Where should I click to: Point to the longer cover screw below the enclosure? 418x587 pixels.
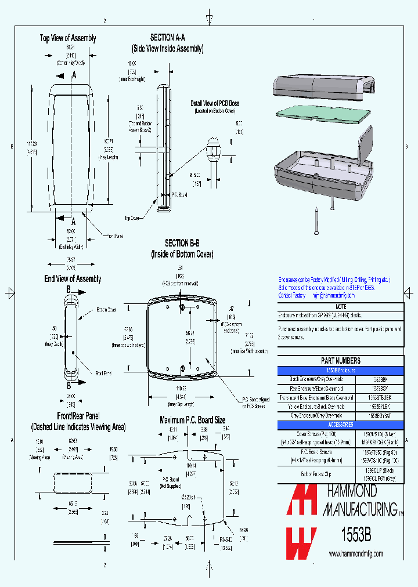[316, 220]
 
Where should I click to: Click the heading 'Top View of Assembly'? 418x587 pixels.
[68, 38]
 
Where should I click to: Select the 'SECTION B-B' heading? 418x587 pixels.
[182, 243]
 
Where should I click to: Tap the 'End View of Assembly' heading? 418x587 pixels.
[73, 279]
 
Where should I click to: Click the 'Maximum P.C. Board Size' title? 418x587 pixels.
[192, 419]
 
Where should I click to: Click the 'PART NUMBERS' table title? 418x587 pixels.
[340, 360]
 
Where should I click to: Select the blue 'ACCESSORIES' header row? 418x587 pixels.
[340, 425]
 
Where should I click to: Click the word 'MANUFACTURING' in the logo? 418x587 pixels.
[360, 510]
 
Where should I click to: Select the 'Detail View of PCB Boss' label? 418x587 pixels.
[215, 103]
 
